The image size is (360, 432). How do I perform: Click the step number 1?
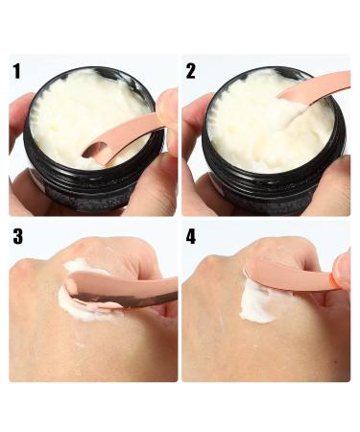16,71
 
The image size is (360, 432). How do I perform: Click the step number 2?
191,71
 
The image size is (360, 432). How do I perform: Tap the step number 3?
18,236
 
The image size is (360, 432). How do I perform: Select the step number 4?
191,236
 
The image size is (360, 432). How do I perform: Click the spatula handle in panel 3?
151,293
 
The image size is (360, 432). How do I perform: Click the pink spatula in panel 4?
291,276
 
